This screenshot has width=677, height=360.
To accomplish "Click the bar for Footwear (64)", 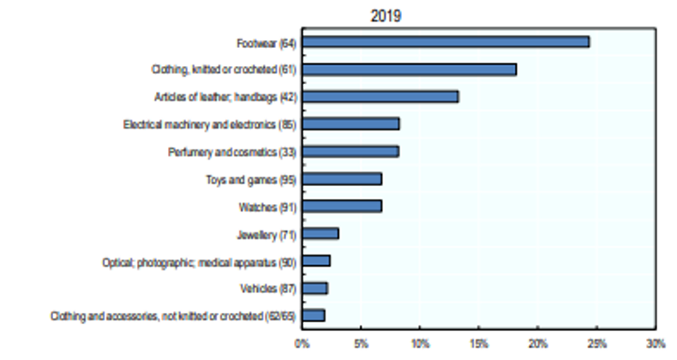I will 446,42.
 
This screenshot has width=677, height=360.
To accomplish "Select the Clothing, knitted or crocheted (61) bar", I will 409,69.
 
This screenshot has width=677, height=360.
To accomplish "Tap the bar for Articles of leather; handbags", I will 380,97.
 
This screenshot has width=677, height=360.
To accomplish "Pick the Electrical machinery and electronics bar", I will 350,124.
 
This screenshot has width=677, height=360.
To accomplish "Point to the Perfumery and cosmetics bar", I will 350,152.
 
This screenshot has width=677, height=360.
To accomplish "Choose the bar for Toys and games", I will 342,179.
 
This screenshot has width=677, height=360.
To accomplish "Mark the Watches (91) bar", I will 342,207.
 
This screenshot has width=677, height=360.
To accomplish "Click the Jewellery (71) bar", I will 321,233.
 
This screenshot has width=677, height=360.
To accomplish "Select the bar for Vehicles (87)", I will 315,288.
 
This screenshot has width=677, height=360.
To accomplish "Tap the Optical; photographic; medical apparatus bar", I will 316,261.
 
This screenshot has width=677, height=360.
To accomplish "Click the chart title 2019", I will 386,15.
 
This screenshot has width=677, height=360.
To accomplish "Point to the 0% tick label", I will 302,344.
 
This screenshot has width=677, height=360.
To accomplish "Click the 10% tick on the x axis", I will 420,344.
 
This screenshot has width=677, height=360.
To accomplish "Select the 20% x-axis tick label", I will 537,344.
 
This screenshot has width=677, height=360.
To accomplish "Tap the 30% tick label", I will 655,344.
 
